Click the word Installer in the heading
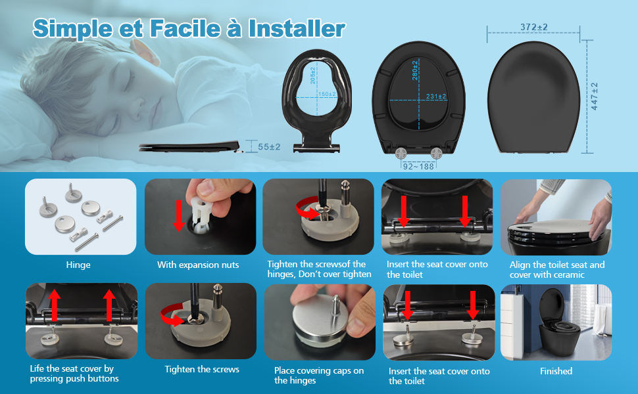point(297,28)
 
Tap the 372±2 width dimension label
point(534,27)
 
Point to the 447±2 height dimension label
point(595,97)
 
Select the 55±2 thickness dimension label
point(269,146)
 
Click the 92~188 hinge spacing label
point(418,166)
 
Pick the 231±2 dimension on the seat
point(436,97)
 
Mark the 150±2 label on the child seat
point(327,95)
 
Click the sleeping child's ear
point(145,52)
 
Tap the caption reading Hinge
point(78,265)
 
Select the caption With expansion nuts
point(198,265)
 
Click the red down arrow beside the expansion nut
point(178,215)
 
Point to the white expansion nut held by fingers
point(201,213)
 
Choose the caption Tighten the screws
point(202,369)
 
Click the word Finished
point(556,371)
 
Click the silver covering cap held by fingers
point(320,321)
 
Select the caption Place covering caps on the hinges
point(319,376)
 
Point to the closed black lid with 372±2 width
point(533,97)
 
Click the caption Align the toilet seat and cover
point(557,270)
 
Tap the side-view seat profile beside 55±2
point(189,146)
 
